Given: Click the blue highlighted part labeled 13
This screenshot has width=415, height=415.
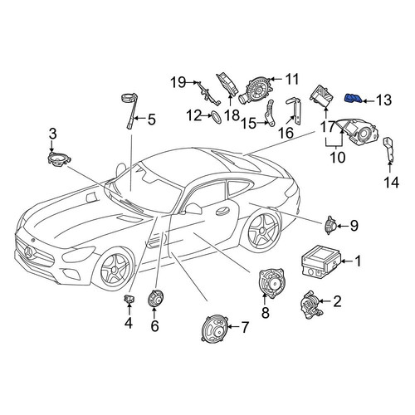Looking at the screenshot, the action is [x=353, y=98].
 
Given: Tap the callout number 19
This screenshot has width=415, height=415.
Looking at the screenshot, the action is [x=178, y=82].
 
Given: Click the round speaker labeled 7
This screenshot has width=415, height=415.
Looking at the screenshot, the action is [x=215, y=328].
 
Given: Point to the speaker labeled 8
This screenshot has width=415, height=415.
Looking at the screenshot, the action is [x=271, y=283].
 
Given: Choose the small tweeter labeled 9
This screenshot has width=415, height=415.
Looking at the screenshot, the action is [x=330, y=225].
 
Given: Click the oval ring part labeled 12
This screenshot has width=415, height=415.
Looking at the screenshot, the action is [x=217, y=117].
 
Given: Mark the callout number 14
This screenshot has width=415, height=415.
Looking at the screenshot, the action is [x=392, y=183].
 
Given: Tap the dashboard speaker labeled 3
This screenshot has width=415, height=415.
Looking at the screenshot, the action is [x=59, y=159].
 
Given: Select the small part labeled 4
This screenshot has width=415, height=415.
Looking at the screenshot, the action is [x=129, y=299].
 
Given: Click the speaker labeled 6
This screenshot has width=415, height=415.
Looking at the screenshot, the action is [x=155, y=298].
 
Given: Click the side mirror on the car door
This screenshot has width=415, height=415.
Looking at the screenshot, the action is [x=193, y=208].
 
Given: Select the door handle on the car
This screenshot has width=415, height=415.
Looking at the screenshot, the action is [x=222, y=211].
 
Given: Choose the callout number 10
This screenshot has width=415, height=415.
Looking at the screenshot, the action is [x=338, y=157].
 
